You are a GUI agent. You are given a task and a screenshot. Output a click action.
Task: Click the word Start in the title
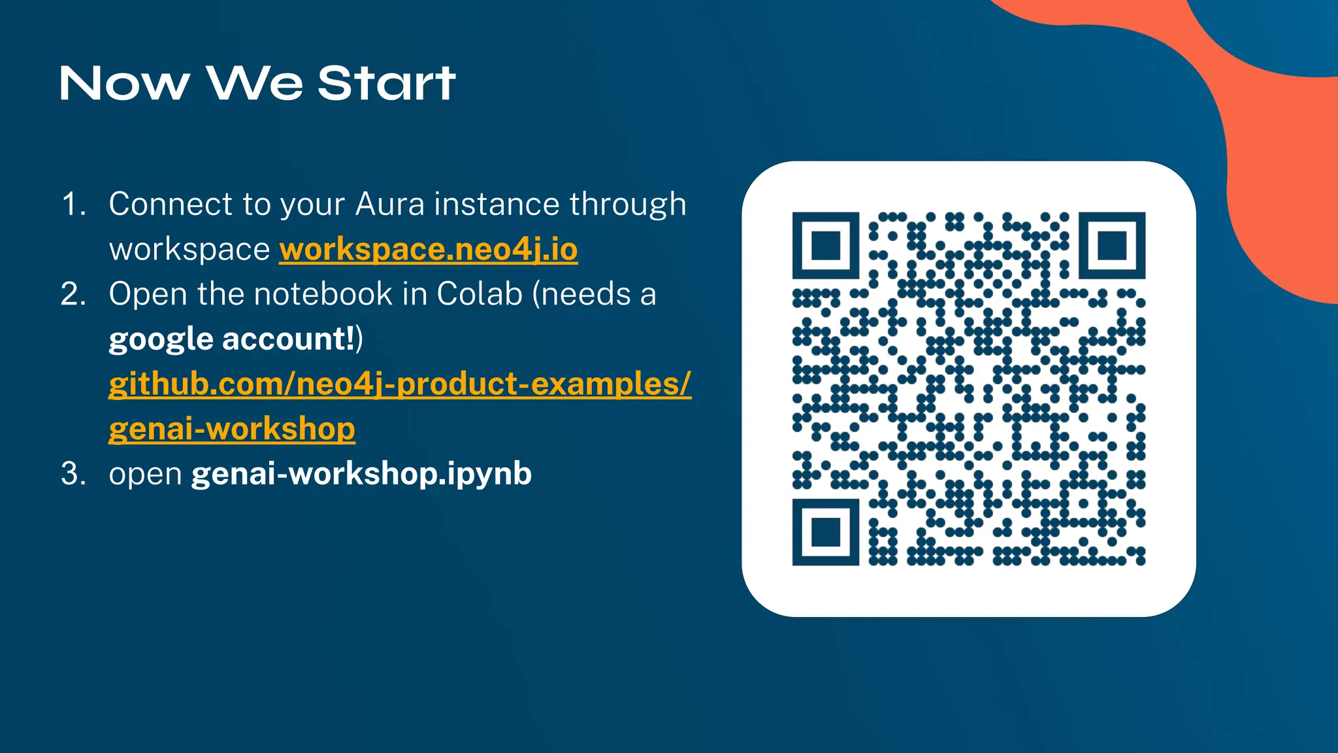386,84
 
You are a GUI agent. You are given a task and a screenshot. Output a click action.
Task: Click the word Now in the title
124,84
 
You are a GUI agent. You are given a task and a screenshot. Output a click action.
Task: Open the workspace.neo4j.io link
428,250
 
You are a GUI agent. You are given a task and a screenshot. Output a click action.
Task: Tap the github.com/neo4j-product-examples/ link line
399,384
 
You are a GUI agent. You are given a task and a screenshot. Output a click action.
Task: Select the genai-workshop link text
232,429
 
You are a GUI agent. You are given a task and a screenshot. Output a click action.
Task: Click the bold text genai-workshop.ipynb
361,473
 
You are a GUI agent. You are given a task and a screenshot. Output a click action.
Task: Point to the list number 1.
73,205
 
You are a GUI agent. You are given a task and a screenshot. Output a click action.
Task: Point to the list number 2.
73,294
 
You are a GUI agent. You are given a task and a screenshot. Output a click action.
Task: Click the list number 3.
73,473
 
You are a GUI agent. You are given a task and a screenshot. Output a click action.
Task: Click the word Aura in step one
390,205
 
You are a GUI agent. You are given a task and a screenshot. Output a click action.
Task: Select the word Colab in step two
480,294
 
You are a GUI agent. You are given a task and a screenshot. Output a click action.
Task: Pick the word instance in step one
497,205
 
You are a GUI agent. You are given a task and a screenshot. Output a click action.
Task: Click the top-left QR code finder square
825,246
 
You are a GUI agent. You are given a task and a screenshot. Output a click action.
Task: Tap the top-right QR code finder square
1111,246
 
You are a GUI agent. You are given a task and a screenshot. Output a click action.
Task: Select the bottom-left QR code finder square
825,532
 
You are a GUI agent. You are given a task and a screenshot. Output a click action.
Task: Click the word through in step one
628,205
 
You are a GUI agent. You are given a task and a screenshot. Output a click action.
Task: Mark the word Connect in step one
171,205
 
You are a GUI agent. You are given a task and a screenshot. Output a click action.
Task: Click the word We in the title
255,84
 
